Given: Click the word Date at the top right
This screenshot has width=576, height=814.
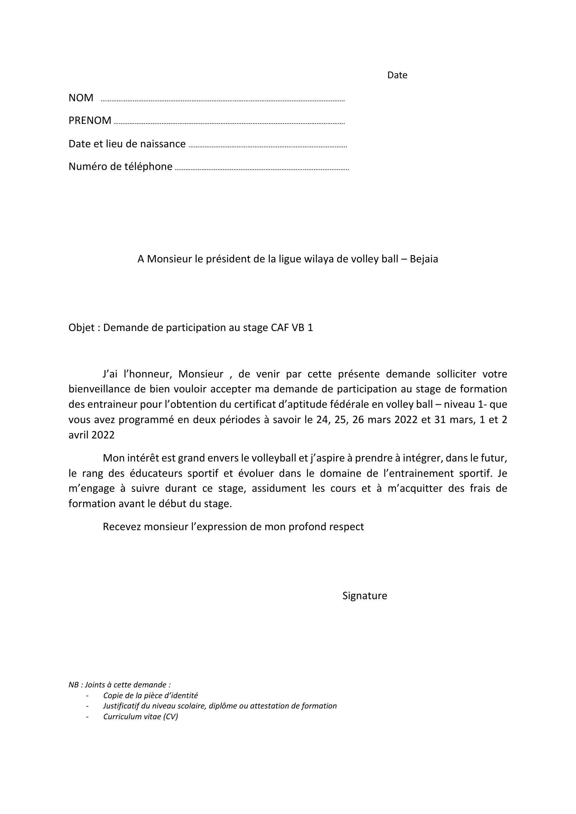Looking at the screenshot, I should coord(397,75).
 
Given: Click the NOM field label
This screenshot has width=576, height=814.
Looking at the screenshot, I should coord(81,98).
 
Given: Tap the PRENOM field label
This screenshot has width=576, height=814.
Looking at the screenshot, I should coord(90,120).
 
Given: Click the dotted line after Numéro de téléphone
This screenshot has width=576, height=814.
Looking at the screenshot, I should coord(262,168).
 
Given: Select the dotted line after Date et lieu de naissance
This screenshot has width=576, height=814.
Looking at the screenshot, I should coord(268,146).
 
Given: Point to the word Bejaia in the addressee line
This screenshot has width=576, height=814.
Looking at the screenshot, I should coord(424,259).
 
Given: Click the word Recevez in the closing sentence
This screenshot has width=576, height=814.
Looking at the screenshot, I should coord(122,527).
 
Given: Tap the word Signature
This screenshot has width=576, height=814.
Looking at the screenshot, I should coord(364,596).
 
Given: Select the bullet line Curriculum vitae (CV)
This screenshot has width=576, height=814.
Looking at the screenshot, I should coord(141,717).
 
